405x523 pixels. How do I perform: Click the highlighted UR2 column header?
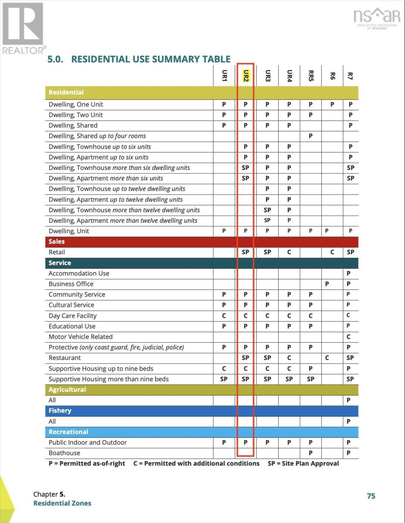click(246, 76)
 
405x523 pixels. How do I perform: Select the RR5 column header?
click(311, 76)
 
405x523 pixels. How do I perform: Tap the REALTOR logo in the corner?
click(23, 28)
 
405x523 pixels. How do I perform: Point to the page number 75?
click(371, 496)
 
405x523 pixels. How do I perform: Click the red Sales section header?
click(57, 241)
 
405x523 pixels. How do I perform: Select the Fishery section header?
click(60, 411)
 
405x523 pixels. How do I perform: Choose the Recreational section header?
click(68, 432)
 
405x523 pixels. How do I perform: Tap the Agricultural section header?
click(67, 390)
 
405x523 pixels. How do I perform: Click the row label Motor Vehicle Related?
click(81, 337)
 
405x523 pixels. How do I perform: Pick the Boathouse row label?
click(65, 453)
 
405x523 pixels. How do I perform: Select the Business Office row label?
click(71, 284)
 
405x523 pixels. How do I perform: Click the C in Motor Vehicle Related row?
click(349, 337)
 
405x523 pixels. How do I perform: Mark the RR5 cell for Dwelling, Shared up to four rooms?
click(310, 136)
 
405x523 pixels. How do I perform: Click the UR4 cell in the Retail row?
click(289, 252)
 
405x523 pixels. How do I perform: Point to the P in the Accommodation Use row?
click(349, 274)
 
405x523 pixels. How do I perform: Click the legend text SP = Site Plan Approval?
click(303, 463)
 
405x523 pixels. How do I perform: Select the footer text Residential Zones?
click(62, 503)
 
